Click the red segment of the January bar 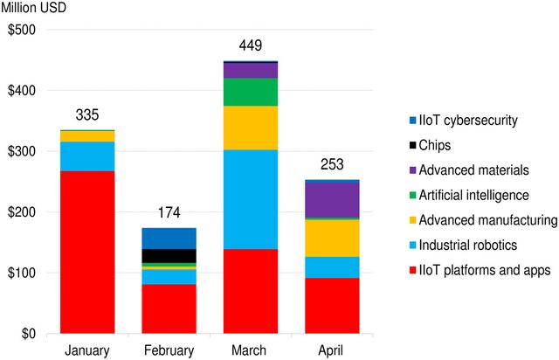tap(86, 252)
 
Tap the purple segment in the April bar tap(332, 199)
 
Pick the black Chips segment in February tap(169, 255)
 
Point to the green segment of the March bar tap(251, 92)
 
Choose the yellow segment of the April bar tap(332, 238)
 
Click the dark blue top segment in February tap(169, 238)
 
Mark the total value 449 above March tap(251, 46)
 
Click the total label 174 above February tap(169, 213)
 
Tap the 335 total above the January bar tap(86, 115)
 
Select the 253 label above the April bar tap(332, 164)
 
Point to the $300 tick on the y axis tap(24, 151)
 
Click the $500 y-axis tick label tap(24, 30)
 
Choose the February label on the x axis tap(169, 350)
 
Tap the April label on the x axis tap(332, 350)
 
